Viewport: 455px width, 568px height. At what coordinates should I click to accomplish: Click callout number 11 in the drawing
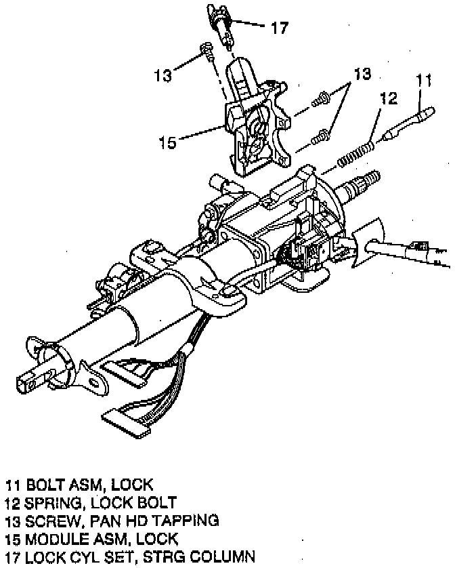pos(424,80)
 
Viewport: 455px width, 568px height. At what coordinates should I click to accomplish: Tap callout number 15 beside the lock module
pos(167,142)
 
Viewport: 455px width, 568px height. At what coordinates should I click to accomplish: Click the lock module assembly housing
pos(254,125)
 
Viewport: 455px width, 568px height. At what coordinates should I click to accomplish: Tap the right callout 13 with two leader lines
pos(362,75)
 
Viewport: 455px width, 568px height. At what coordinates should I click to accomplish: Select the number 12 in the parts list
pos(13,503)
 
